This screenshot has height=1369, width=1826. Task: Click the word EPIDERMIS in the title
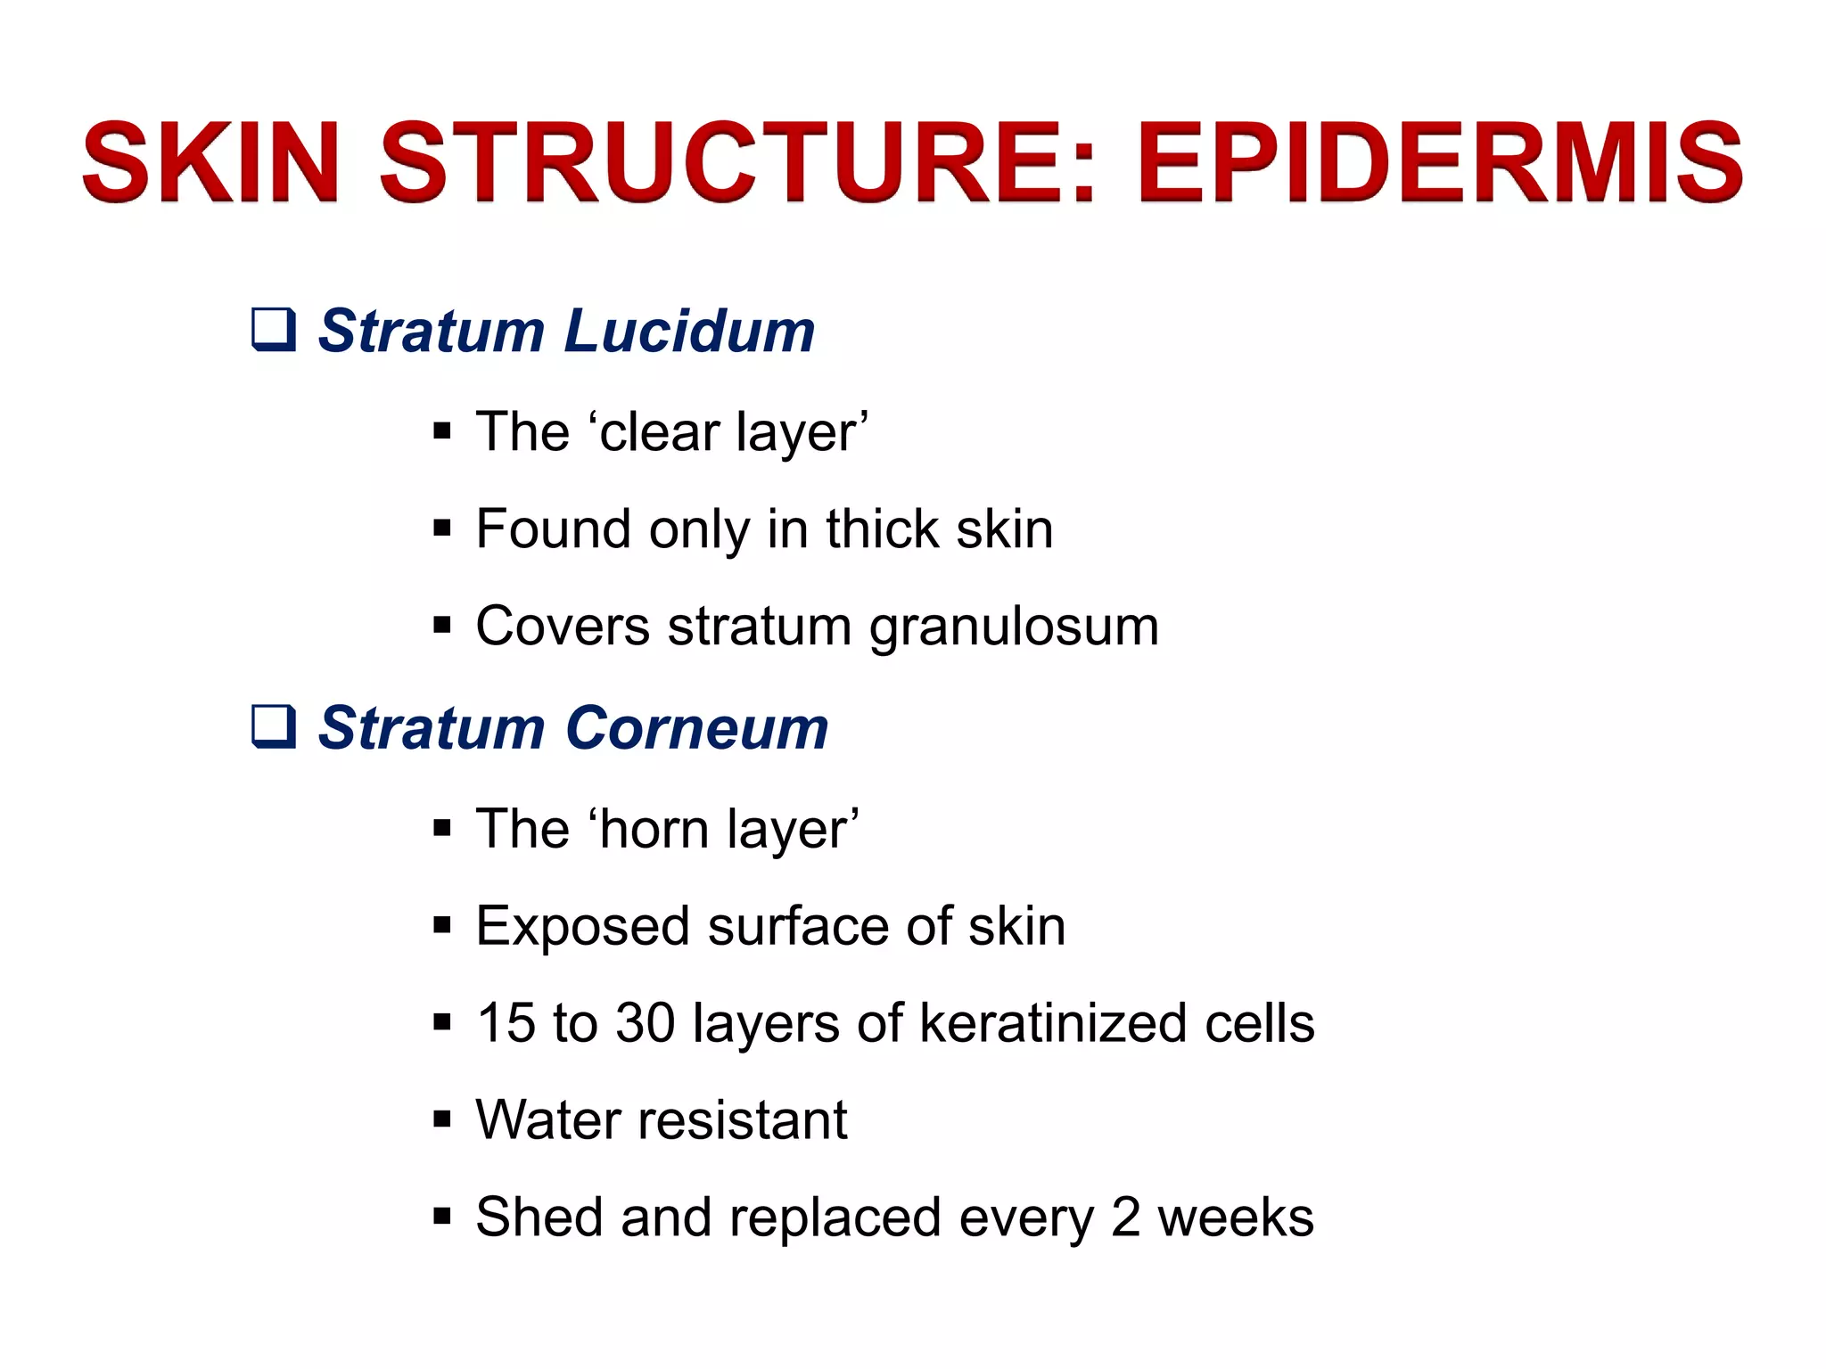pyautogui.click(x=1439, y=163)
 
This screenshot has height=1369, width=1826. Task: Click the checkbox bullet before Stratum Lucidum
pyautogui.click(x=273, y=329)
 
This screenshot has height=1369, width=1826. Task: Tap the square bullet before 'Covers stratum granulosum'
pyautogui.click(x=442, y=626)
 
